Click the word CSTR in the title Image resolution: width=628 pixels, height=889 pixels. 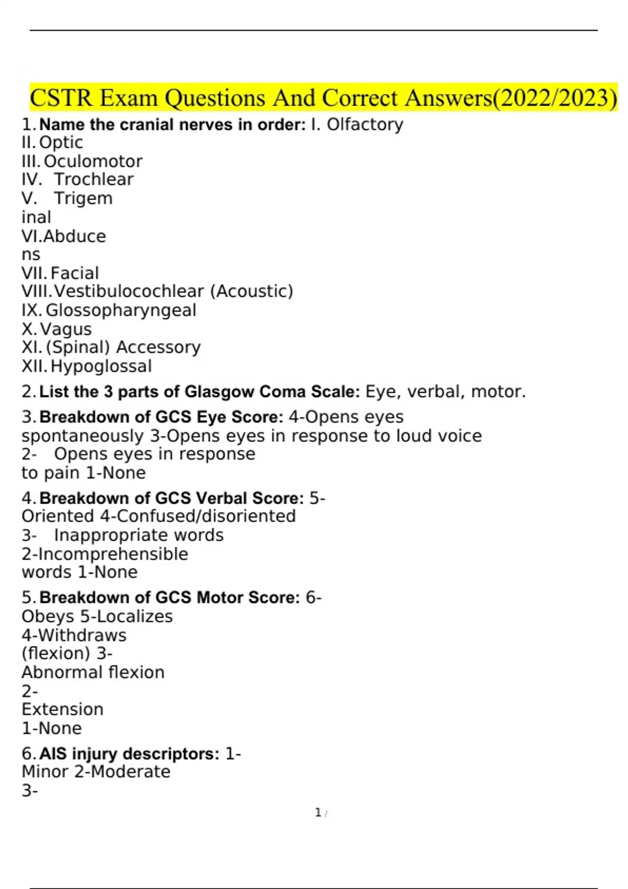(x=61, y=98)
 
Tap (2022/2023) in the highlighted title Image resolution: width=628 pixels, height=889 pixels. (x=555, y=98)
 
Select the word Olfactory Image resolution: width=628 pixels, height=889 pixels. (x=365, y=124)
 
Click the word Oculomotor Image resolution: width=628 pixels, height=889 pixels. (x=93, y=162)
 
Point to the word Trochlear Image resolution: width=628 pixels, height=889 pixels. (x=94, y=179)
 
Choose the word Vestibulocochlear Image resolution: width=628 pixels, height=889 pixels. (x=129, y=291)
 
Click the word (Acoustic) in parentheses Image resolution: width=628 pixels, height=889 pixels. (x=251, y=292)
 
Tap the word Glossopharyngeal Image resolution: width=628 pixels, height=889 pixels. (x=121, y=311)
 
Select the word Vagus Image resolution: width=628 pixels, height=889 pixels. (x=65, y=329)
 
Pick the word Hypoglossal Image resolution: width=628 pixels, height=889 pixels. (x=101, y=367)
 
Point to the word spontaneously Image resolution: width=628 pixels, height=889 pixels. (x=83, y=437)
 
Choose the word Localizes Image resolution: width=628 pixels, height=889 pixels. (x=134, y=617)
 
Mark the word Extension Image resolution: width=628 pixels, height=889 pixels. (x=62, y=710)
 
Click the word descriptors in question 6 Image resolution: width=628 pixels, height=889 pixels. (x=171, y=754)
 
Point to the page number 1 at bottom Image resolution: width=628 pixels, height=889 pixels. (x=318, y=813)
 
